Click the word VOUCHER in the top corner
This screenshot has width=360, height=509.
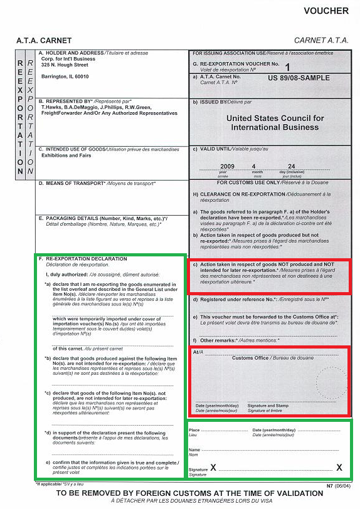coord(326,11)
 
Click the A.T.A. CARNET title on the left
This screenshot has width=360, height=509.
coord(44,41)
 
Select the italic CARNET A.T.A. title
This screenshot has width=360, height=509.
coord(321,41)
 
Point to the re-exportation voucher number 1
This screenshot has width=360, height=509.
coord(288,66)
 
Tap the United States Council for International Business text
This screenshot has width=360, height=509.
coord(275,122)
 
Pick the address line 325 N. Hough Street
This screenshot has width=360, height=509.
coord(65,65)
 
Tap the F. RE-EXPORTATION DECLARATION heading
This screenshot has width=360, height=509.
coord(83,258)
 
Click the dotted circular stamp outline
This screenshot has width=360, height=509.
coord(331,383)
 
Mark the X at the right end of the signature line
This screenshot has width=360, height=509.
coord(339,468)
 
